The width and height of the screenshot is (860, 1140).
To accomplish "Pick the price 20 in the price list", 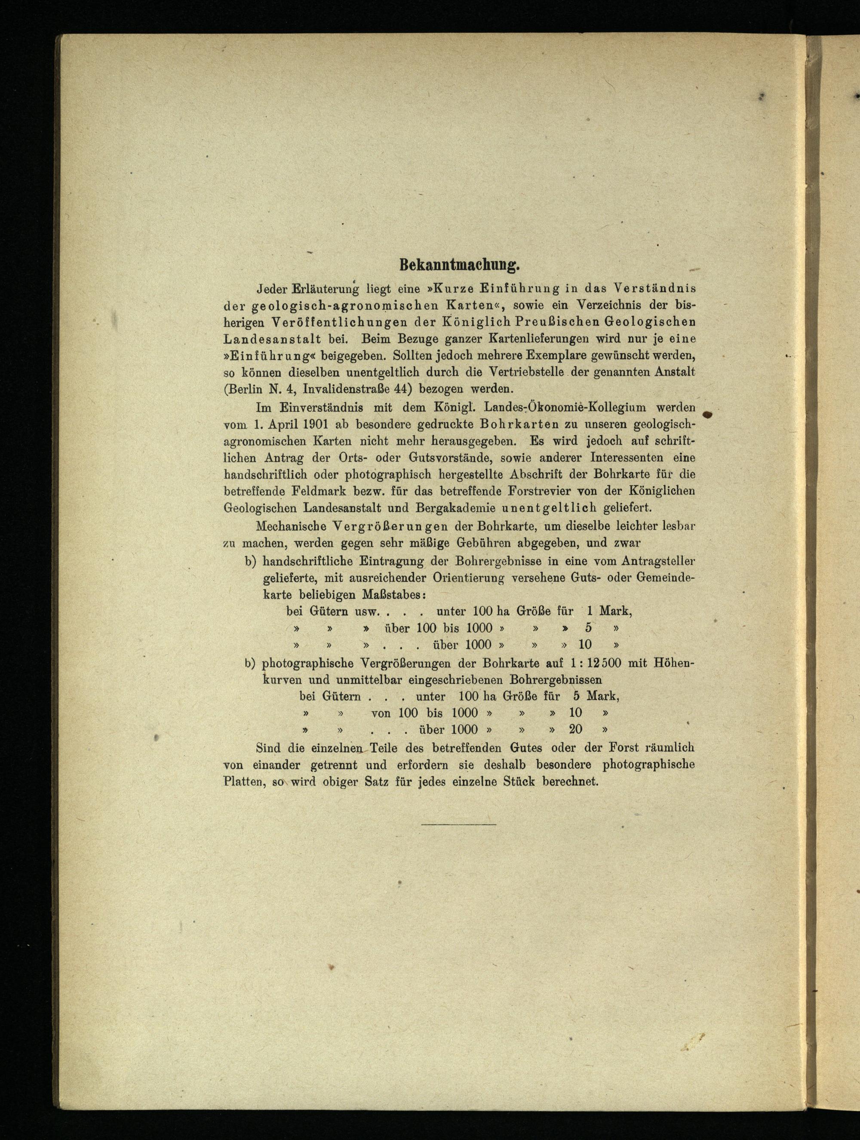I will click(575, 729).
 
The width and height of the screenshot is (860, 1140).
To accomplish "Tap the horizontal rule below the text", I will click(458, 825).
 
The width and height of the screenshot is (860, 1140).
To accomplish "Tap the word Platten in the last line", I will click(243, 781).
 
